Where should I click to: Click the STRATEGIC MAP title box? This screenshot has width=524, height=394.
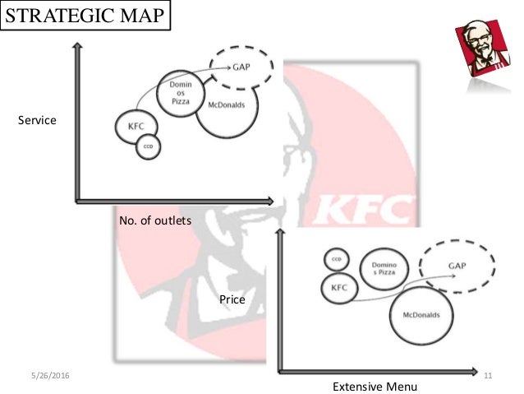tap(85, 16)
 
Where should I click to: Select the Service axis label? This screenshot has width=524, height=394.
tap(37, 120)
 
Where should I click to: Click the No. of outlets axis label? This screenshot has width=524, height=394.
tap(155, 220)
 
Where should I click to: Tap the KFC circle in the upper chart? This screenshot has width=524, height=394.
tap(135, 126)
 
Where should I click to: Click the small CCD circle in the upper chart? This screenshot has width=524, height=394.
tap(149, 146)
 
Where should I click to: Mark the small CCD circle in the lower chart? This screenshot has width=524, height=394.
tap(336, 259)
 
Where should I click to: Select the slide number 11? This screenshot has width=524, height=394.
tap(487, 376)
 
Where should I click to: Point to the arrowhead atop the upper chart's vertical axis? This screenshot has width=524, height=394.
tap(76, 47)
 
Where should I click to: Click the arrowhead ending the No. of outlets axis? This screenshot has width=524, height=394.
tap(271, 200)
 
